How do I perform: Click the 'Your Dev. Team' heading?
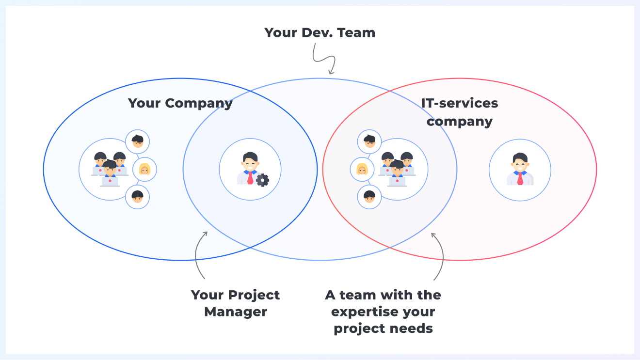(320, 32)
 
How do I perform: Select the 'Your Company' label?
(180, 103)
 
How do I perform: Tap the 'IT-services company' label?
(460, 112)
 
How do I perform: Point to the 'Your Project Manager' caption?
(236, 303)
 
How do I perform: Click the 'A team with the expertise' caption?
(383, 312)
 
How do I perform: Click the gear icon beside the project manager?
(262, 180)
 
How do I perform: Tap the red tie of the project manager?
(250, 178)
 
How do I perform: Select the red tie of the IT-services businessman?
(520, 179)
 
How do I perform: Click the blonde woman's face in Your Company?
(144, 169)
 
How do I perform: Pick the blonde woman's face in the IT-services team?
(362, 169)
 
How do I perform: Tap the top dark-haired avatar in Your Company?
(137, 141)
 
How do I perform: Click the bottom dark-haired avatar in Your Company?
(137, 197)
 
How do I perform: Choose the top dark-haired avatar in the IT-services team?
(369, 141)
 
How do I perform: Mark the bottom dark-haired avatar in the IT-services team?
(369, 197)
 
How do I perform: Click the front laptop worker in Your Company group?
(110, 173)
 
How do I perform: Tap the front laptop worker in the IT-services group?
(397, 173)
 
